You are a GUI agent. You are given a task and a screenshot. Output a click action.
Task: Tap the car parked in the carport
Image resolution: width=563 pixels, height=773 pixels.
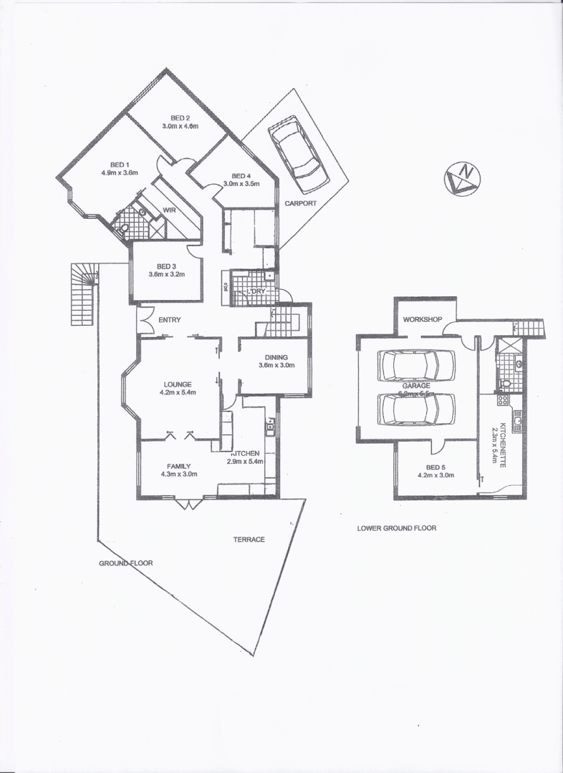click(294, 155)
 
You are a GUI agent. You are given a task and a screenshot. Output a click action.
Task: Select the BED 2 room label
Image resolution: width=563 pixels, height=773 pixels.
click(180, 118)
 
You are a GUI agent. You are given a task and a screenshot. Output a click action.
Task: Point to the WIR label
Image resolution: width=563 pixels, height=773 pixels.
click(170, 210)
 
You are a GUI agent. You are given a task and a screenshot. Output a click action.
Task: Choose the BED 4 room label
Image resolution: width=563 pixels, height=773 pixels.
click(241, 176)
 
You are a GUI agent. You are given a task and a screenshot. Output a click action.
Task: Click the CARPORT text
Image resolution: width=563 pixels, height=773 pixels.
click(300, 203)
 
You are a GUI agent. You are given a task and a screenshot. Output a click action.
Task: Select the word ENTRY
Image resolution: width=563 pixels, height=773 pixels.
click(169, 320)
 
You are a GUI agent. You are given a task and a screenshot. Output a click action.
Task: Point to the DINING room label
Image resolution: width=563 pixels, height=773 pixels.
click(276, 357)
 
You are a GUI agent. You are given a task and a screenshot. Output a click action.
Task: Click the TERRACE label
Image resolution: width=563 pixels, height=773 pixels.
click(249, 539)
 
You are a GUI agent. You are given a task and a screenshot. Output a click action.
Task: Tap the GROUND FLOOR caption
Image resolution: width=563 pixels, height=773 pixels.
click(126, 563)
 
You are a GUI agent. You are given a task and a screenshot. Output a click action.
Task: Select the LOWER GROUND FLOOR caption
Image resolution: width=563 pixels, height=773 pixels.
click(397, 528)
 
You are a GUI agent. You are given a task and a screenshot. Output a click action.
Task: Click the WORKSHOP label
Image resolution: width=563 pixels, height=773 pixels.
click(421, 319)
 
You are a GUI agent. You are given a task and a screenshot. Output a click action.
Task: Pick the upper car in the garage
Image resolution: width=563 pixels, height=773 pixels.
click(417, 365)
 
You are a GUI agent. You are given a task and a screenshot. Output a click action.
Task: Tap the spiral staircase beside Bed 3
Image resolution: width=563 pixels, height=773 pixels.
click(84, 293)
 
